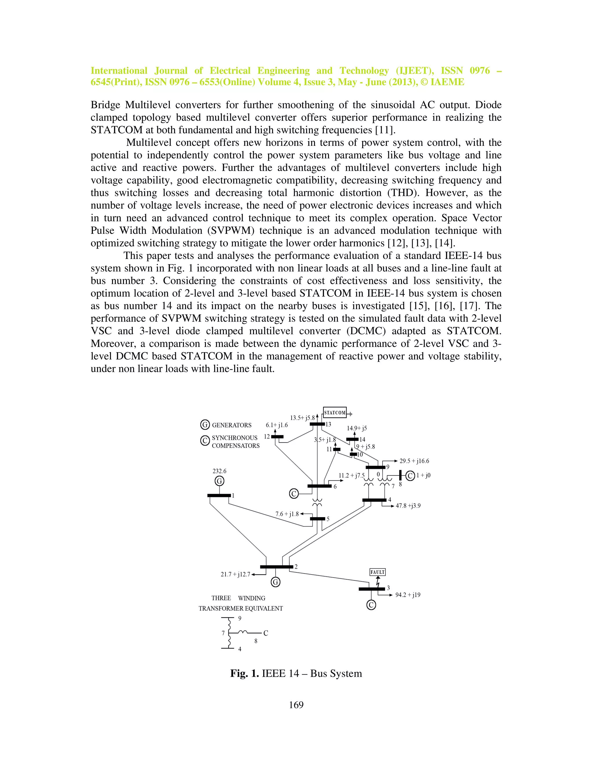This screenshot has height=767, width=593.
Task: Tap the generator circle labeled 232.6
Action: pyautogui.click(x=219, y=481)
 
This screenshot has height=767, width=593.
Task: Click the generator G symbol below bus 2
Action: pyautogui.click(x=276, y=582)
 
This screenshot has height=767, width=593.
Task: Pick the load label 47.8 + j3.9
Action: pyautogui.click(x=408, y=506)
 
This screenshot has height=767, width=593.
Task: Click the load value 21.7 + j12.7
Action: pyautogui.click(x=235, y=575)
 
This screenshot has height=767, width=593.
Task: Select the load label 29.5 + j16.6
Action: pyautogui.click(x=414, y=461)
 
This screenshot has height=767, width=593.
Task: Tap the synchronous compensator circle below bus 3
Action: pyautogui.click(x=371, y=605)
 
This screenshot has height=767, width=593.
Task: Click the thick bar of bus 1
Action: pyautogui.click(x=219, y=496)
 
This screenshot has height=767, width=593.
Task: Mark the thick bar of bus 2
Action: pyautogui.click(x=277, y=567)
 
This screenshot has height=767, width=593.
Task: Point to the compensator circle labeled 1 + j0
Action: pyautogui.click(x=410, y=476)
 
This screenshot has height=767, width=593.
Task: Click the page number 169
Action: pyautogui.click(x=296, y=705)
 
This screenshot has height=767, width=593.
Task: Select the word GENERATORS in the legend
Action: pyautogui.click(x=232, y=425)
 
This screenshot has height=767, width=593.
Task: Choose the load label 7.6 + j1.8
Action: pyautogui.click(x=287, y=514)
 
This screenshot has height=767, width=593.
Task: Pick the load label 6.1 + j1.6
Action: pyautogui.click(x=277, y=425)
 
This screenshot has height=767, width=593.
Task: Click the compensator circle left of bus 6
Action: pyautogui.click(x=294, y=494)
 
